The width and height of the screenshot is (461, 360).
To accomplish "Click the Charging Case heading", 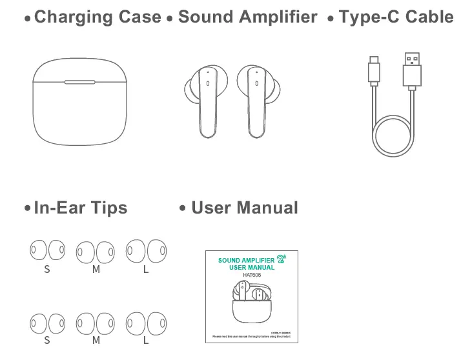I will pyautogui.click(x=97, y=17).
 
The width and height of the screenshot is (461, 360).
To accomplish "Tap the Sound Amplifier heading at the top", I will pyautogui.click(x=247, y=17).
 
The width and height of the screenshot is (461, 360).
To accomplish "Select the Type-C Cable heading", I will pyautogui.click(x=395, y=17).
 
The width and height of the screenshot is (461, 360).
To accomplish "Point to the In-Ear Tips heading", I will pyautogui.click(x=80, y=208).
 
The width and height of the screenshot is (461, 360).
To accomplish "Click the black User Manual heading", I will pyautogui.click(x=244, y=208).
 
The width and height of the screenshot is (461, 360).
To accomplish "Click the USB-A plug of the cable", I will pyautogui.click(x=412, y=68).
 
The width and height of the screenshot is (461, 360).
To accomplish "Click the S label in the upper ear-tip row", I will pyautogui.click(x=46, y=269).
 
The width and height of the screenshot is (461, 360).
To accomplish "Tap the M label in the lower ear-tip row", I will pyautogui.click(x=96, y=340).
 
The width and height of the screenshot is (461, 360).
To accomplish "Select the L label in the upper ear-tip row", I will pyautogui.click(x=146, y=269).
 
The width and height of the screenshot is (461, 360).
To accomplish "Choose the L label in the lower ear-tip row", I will pyautogui.click(x=146, y=340).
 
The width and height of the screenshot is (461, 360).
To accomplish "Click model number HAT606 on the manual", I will pyautogui.click(x=252, y=275).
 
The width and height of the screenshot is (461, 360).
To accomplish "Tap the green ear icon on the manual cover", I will pyautogui.click(x=281, y=259).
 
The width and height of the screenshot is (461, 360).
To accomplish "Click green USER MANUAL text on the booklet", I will pyautogui.click(x=252, y=267).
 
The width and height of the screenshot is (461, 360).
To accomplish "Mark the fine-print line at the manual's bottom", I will pyautogui.click(x=252, y=337).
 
